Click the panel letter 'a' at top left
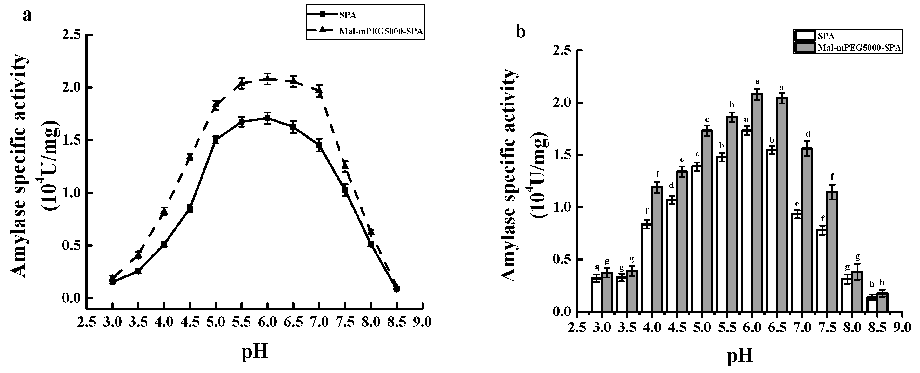click(27, 16)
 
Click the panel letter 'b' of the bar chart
click(521, 32)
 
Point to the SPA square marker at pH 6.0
click(268, 118)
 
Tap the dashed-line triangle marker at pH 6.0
click(268, 78)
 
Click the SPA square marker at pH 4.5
click(190, 207)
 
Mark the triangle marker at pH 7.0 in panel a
click(319, 91)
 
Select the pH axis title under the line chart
click(255, 352)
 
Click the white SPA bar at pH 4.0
click(647, 268)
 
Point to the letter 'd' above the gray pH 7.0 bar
click(807, 134)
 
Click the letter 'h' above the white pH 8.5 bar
click(872, 284)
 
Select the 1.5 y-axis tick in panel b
click(561, 155)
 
